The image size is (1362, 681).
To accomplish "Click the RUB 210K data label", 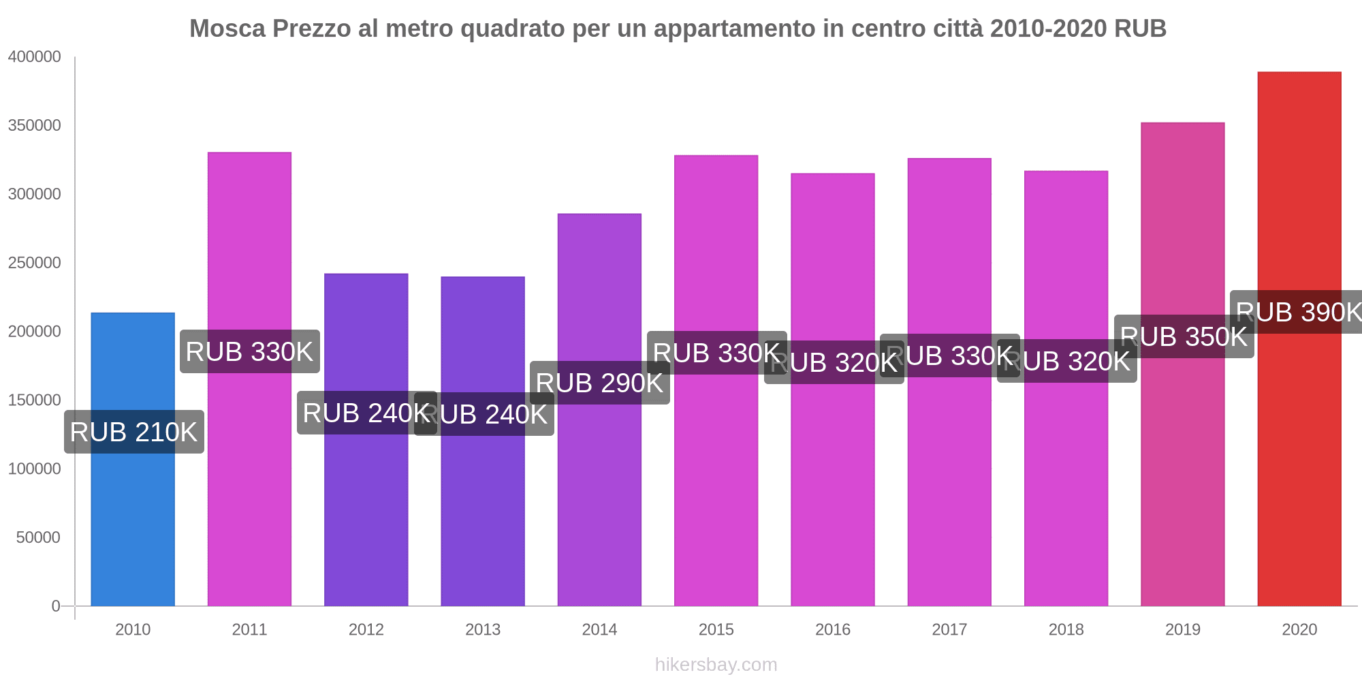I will [x=134, y=432].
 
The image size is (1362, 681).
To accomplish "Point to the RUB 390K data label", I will [x=1297, y=312].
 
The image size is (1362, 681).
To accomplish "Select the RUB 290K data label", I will [x=600, y=383].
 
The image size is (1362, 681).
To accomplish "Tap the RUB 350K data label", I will [x=1184, y=336].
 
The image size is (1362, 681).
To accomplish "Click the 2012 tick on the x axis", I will [x=366, y=629].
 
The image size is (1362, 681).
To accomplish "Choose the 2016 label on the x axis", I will [x=833, y=629].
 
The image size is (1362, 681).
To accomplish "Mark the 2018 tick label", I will [x=1066, y=629].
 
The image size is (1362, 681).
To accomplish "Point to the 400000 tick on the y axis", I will [x=34, y=57].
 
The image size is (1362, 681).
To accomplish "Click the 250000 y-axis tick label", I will [x=34, y=263].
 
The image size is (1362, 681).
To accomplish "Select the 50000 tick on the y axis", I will [x=38, y=537].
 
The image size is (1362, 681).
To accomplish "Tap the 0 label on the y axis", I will [x=56, y=606].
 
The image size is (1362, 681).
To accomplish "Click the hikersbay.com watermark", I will [x=716, y=665].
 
